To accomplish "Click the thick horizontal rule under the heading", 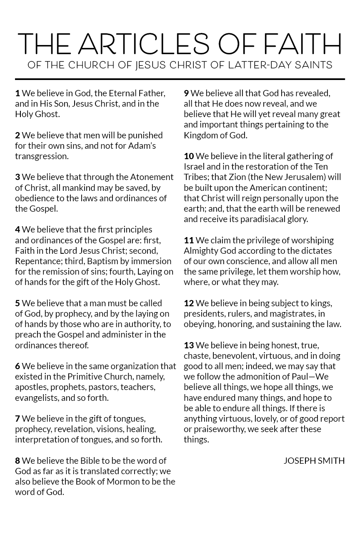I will (x=180, y=78).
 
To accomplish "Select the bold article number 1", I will (x=17, y=93).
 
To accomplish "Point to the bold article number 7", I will (x=17, y=418).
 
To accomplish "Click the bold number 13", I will (x=189, y=345).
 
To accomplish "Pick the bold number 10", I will (x=189, y=156).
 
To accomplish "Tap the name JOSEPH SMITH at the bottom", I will (x=314, y=460).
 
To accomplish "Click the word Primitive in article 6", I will (x=85, y=376).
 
